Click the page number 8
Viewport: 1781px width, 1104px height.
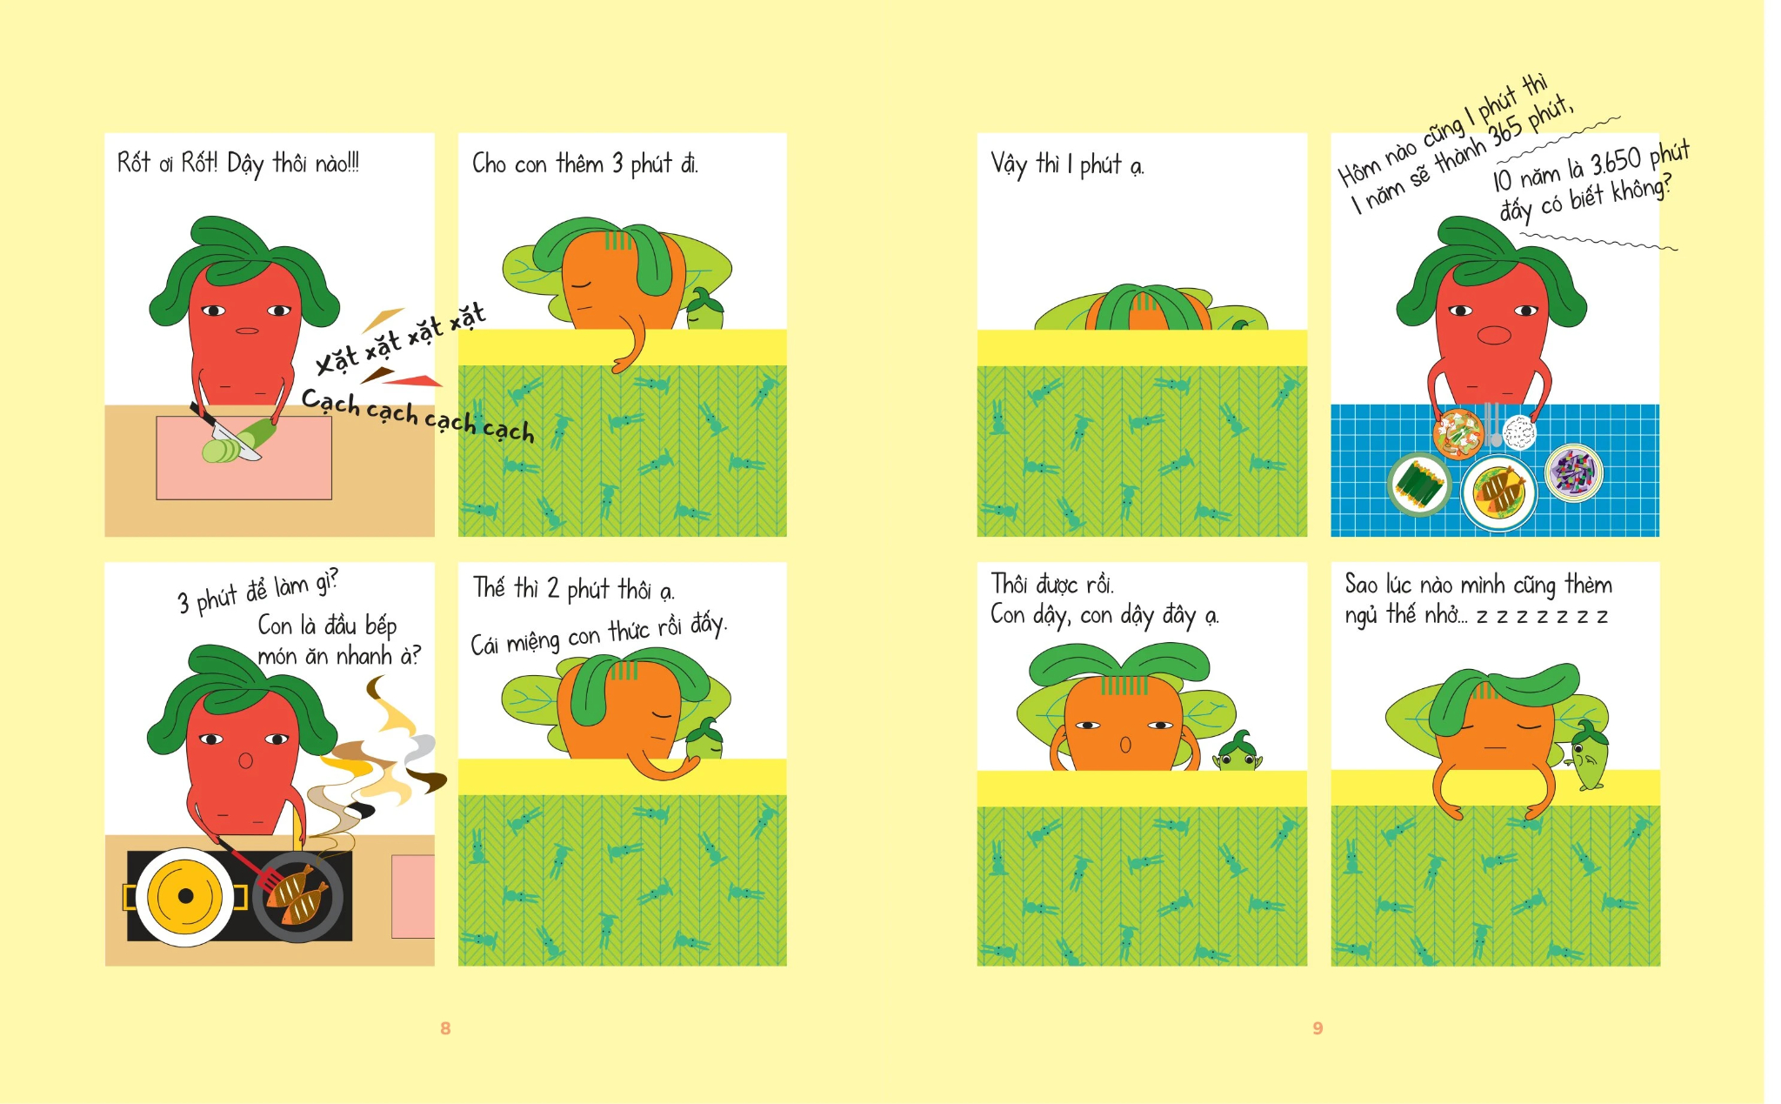[x=445, y=1028]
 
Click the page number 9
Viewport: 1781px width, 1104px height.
[x=1317, y=1028]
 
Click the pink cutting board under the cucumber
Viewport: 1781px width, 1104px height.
[x=243, y=458]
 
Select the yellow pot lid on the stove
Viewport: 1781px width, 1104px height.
[x=185, y=896]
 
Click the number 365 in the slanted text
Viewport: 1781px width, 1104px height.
[x=1504, y=130]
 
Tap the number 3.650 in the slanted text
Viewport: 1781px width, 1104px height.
[x=1617, y=162]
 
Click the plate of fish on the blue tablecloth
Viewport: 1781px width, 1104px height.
[x=1499, y=493]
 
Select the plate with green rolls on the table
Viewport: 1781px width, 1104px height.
[x=1419, y=485]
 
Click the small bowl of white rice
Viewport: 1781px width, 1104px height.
[x=1518, y=432]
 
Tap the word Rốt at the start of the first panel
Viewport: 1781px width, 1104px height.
[x=133, y=163]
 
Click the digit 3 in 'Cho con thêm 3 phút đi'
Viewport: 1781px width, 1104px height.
[x=617, y=164]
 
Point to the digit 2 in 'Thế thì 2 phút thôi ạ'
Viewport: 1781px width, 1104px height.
[x=553, y=589]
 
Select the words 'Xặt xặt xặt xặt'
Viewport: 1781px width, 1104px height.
[x=400, y=338]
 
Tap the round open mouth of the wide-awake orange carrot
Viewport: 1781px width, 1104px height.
[x=1125, y=746]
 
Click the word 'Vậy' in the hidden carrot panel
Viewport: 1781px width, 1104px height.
[x=1009, y=164]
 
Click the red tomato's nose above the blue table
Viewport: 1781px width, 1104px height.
[x=1494, y=334]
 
